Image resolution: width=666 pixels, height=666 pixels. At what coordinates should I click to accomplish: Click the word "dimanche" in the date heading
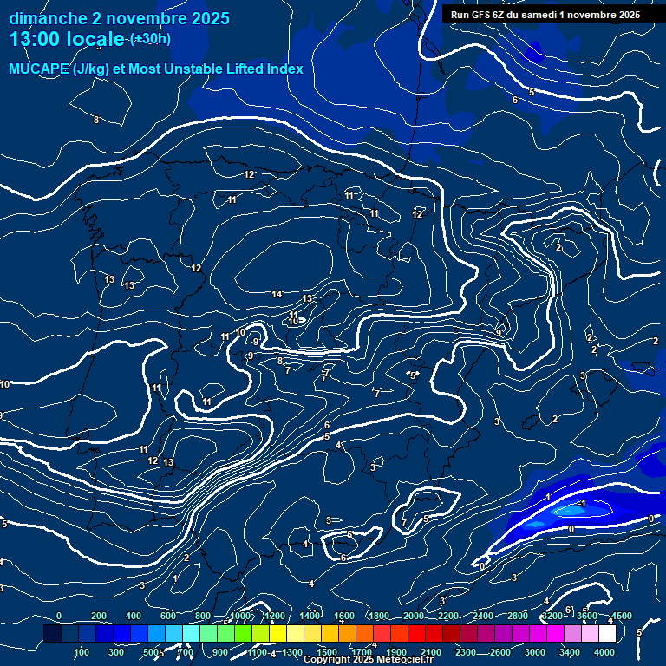(x=48, y=18)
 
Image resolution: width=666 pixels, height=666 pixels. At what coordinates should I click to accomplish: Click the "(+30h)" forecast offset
(x=150, y=39)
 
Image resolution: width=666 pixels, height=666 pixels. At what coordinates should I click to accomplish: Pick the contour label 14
(x=277, y=295)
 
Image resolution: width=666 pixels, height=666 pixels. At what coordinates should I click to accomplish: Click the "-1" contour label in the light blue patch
(x=582, y=504)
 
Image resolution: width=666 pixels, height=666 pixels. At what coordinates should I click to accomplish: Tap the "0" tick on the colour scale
(x=58, y=617)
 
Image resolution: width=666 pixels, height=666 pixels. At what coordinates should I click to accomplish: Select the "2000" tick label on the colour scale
(x=413, y=617)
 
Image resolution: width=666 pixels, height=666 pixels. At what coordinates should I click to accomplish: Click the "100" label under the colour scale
(x=82, y=652)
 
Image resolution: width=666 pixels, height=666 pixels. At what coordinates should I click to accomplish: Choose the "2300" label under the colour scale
(x=465, y=652)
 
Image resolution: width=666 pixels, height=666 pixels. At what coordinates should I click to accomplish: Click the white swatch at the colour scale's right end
(x=606, y=634)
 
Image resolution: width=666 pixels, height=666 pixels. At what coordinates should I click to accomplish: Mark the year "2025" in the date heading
(x=210, y=18)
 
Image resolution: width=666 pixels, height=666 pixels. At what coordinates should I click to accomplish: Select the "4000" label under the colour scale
(x=604, y=652)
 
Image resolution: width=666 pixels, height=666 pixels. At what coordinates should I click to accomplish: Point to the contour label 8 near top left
(x=96, y=120)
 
